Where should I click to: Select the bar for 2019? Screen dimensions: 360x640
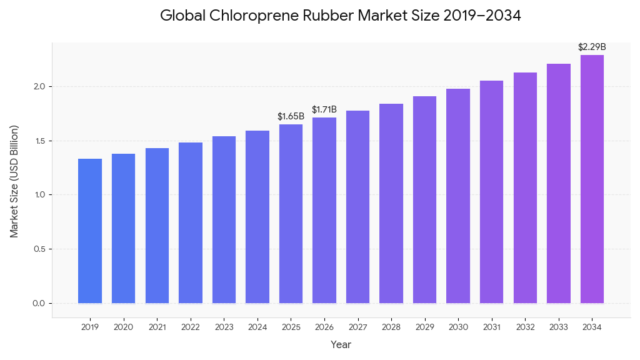(90, 231)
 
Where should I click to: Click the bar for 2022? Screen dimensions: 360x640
(191, 223)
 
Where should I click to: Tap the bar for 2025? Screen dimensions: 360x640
(291, 214)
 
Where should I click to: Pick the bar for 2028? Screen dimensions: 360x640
(391, 204)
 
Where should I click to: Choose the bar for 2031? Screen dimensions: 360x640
(491, 192)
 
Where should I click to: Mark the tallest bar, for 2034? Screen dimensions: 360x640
(592, 179)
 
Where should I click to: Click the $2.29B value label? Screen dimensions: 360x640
(592, 47)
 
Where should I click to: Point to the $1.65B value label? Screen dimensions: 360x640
(291, 116)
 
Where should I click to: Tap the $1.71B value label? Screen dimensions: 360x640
(324, 110)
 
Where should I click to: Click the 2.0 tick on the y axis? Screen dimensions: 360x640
(39, 86)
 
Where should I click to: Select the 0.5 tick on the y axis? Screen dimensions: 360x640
(39, 249)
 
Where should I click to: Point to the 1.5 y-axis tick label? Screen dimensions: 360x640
(39, 141)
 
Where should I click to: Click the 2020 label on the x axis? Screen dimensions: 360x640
(124, 327)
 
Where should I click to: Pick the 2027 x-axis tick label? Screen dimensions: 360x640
(357, 327)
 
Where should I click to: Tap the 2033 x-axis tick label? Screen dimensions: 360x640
(558, 327)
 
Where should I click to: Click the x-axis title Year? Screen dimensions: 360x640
(341, 344)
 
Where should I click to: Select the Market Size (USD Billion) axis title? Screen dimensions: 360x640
(14, 181)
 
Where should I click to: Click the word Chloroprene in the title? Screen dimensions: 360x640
(257, 16)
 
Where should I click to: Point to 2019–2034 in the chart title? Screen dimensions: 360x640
(482, 16)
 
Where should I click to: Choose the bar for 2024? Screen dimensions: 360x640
(257, 217)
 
